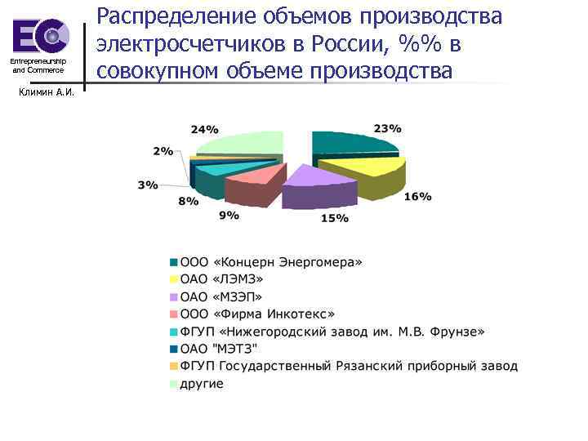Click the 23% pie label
(x=387, y=128)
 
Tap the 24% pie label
(x=204, y=129)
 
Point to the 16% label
(x=418, y=197)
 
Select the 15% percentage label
(x=335, y=218)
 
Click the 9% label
(x=229, y=215)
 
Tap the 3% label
(x=148, y=185)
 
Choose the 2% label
(x=163, y=151)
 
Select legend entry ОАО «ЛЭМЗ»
(x=225, y=279)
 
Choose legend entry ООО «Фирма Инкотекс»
(x=257, y=314)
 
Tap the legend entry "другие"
(x=201, y=383)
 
